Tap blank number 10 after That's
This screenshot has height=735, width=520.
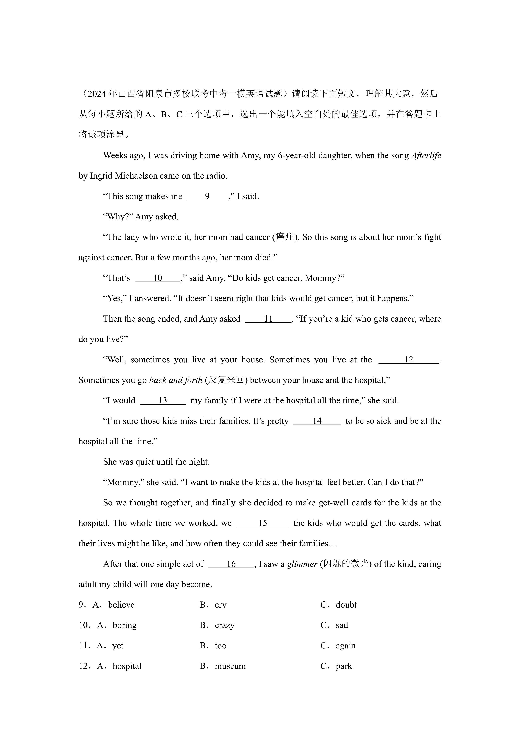tap(158, 278)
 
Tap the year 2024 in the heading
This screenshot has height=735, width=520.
tap(97, 94)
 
